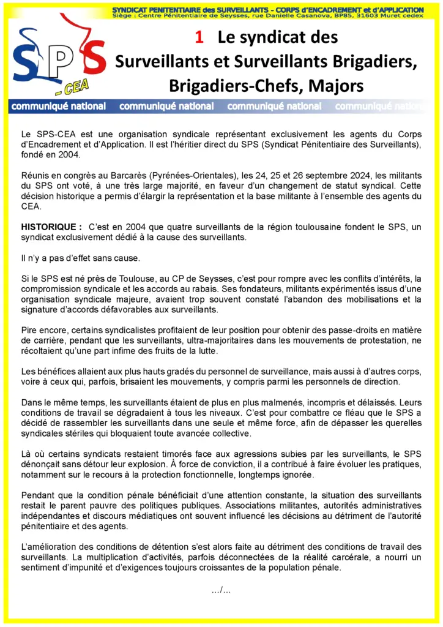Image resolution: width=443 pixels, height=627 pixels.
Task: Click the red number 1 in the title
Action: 199,37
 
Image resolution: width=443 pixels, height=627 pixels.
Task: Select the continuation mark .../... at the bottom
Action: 220,590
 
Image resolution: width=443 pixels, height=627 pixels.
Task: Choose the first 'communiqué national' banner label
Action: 59,107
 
